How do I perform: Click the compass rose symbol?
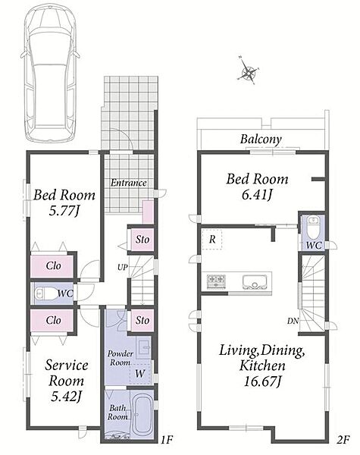coord(248,71)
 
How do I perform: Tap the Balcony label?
coord(261,140)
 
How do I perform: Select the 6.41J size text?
coord(257,195)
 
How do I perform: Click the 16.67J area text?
coord(262,381)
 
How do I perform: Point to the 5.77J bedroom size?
coord(64,210)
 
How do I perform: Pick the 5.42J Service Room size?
coord(66,397)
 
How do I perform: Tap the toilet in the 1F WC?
coord(46,293)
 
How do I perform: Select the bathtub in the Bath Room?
coord(142,414)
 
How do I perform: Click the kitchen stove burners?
coord(216,281)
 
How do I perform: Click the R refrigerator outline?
coord(212,240)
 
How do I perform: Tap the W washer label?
coord(139,373)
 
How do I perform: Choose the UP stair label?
coord(123,267)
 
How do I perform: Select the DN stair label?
coord(293,321)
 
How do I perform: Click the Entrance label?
coord(129,183)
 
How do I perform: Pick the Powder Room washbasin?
coord(143,347)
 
